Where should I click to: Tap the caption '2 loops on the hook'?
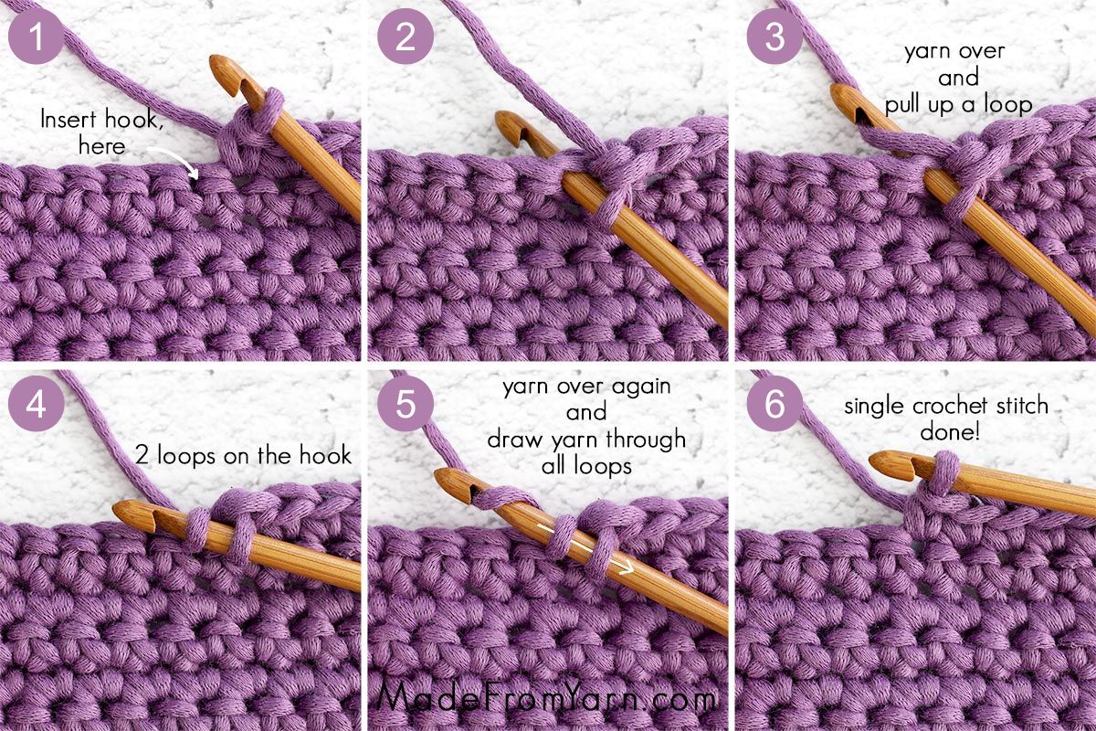pyautogui.click(x=243, y=454)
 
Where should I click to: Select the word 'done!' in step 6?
pyautogui.click(x=950, y=431)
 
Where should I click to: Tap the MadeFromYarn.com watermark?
pyautogui.click(x=547, y=698)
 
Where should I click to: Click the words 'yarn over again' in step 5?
pyautogui.click(x=586, y=387)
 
